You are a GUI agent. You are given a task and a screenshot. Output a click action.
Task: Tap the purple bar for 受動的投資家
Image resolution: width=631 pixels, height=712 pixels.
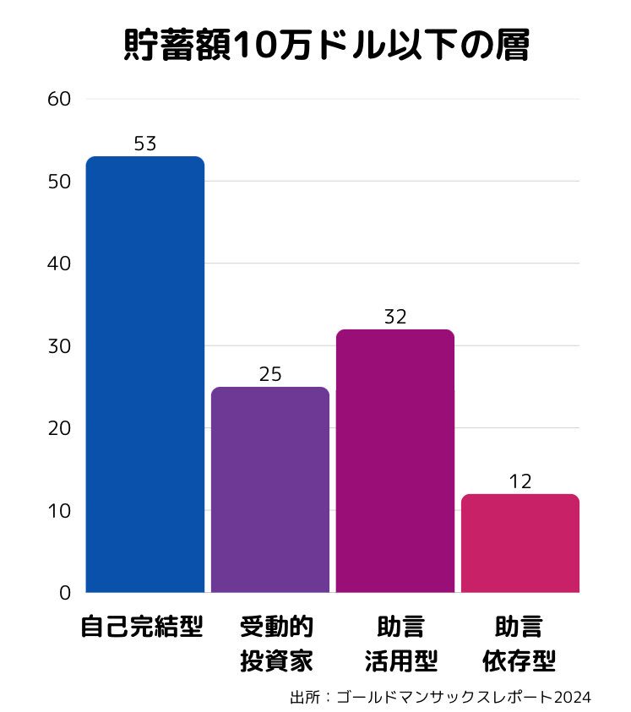click(x=270, y=490)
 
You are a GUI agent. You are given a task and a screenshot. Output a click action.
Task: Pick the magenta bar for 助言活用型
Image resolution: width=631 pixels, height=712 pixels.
click(x=395, y=460)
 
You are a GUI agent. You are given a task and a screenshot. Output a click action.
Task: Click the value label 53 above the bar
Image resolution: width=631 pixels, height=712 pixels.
click(x=145, y=144)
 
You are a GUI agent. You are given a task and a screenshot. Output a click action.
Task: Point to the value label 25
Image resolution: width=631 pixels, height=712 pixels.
click(x=270, y=375)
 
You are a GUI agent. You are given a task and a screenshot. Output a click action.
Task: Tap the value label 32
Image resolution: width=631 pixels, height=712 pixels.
click(x=395, y=318)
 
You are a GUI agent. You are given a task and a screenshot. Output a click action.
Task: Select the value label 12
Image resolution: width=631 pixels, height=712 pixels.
click(x=520, y=482)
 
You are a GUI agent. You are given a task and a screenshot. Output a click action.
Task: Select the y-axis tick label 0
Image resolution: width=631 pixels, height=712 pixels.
click(x=65, y=593)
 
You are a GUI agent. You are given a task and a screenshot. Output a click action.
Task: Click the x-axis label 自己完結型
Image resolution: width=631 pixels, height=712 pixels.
click(x=142, y=628)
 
